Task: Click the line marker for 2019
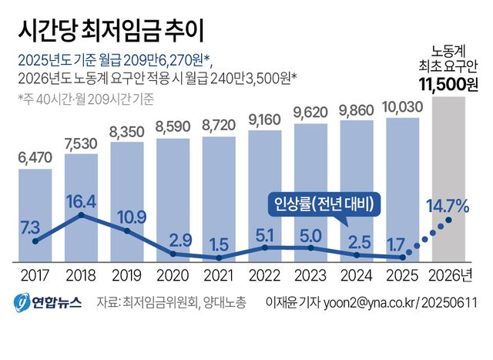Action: coord(128,230)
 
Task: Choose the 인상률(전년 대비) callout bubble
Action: coord(325,204)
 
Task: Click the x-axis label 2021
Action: coord(220,275)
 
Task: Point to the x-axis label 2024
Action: coord(357,275)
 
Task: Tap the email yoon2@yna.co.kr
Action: coord(357,302)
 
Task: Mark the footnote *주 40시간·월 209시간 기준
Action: coord(85,98)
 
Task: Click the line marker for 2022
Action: coord(265,247)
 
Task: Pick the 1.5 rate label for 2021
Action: coord(220,244)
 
